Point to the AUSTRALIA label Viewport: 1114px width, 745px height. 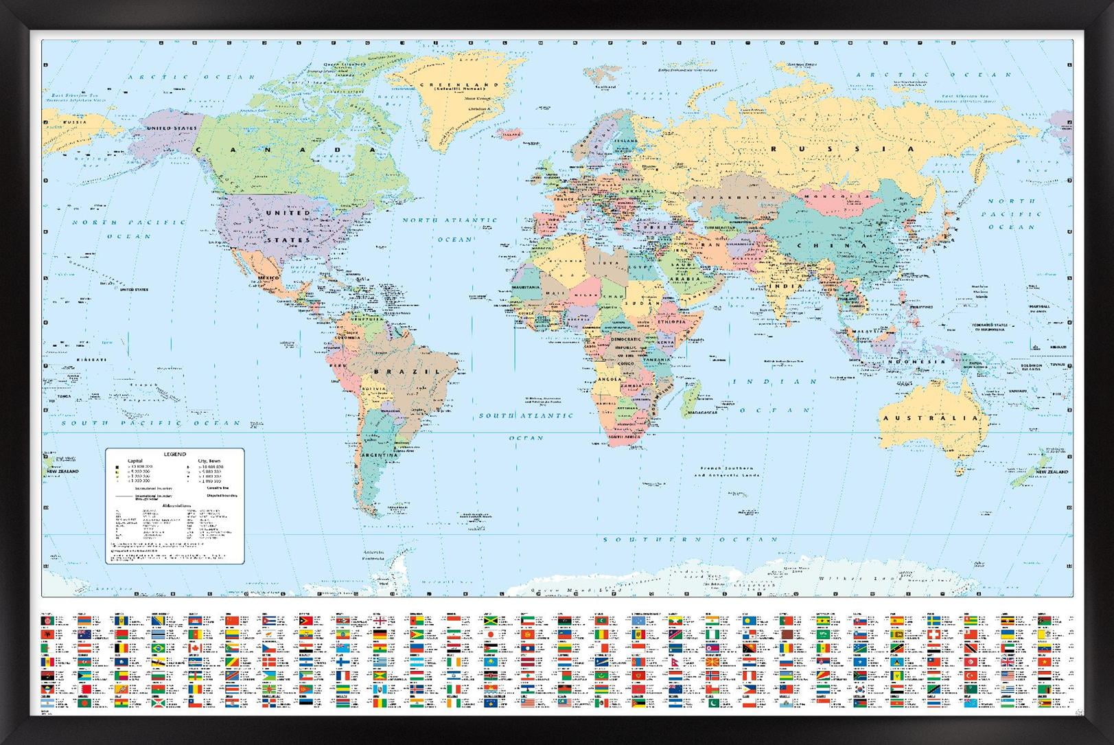click(x=930, y=418)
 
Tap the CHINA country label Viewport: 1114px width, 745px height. click(x=831, y=245)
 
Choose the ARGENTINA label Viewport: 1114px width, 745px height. click(x=379, y=455)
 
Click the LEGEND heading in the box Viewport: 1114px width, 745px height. click(x=174, y=455)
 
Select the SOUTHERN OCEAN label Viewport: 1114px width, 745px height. click(x=690, y=540)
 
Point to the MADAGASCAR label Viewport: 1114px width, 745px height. click(x=702, y=413)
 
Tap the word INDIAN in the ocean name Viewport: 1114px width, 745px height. click(x=776, y=382)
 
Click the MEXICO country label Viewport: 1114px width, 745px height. click(x=268, y=278)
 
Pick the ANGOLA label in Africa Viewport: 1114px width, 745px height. click(x=610, y=379)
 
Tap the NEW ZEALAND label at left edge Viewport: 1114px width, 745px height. click(x=63, y=472)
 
